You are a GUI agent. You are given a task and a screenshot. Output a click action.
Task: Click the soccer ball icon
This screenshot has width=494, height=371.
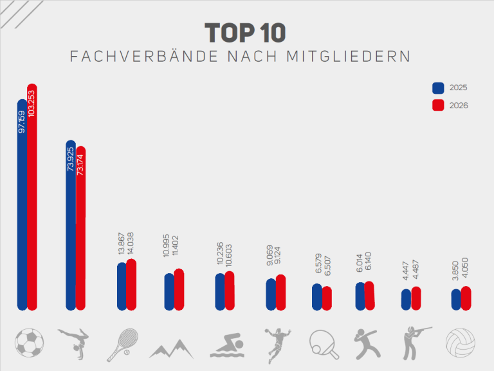(29, 343)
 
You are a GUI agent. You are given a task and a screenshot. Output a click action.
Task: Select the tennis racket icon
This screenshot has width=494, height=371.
(122, 343)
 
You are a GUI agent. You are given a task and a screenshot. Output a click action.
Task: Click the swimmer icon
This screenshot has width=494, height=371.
(225, 345)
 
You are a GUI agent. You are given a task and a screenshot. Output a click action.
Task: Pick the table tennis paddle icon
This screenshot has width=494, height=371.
(324, 344)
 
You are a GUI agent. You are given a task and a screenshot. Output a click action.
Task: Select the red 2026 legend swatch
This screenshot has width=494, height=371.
(438, 106)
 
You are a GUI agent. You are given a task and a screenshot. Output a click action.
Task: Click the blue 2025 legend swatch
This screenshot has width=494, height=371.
(438, 88)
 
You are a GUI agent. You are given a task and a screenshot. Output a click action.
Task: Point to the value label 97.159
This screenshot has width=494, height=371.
(22, 122)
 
